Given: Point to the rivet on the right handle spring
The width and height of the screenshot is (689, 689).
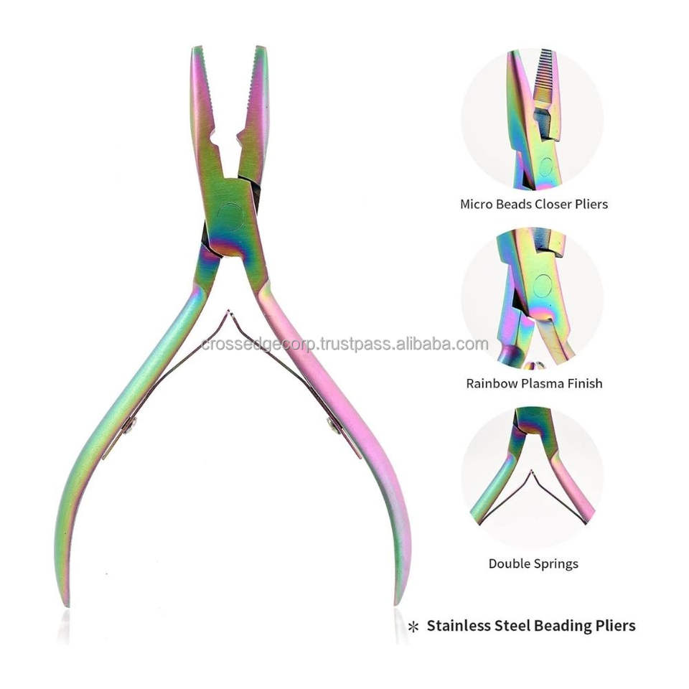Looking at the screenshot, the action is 332,426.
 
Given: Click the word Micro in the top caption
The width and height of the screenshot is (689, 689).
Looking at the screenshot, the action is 477,204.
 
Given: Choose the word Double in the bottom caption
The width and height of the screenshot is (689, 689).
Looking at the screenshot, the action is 510,563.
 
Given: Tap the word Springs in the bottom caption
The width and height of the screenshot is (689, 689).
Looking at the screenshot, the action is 556,563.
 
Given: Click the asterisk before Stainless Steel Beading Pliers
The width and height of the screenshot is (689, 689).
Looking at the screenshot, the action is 413,627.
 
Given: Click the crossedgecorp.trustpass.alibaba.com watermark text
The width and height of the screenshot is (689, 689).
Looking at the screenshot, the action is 344,344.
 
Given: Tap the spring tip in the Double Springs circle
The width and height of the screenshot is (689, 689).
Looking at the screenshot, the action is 530,472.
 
